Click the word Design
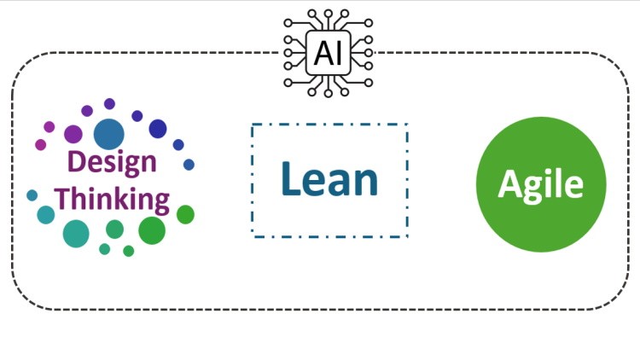tap(112, 163)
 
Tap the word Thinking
tap(112, 199)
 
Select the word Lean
tap(329, 179)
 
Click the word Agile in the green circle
tap(541, 185)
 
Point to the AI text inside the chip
tap(329, 53)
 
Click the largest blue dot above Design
tap(109, 134)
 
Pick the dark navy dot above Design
tap(158, 129)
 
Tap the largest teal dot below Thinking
tap(76, 234)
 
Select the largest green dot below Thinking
tap(152, 230)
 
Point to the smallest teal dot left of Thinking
tap(32, 195)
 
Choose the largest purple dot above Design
tap(73, 134)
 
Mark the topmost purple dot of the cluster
tap(109, 104)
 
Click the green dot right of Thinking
tap(185, 215)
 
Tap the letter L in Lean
tap(289, 178)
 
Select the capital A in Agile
tap(509, 183)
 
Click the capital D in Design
tap(77, 161)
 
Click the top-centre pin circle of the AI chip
tap(329, 14)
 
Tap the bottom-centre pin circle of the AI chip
tap(329, 94)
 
